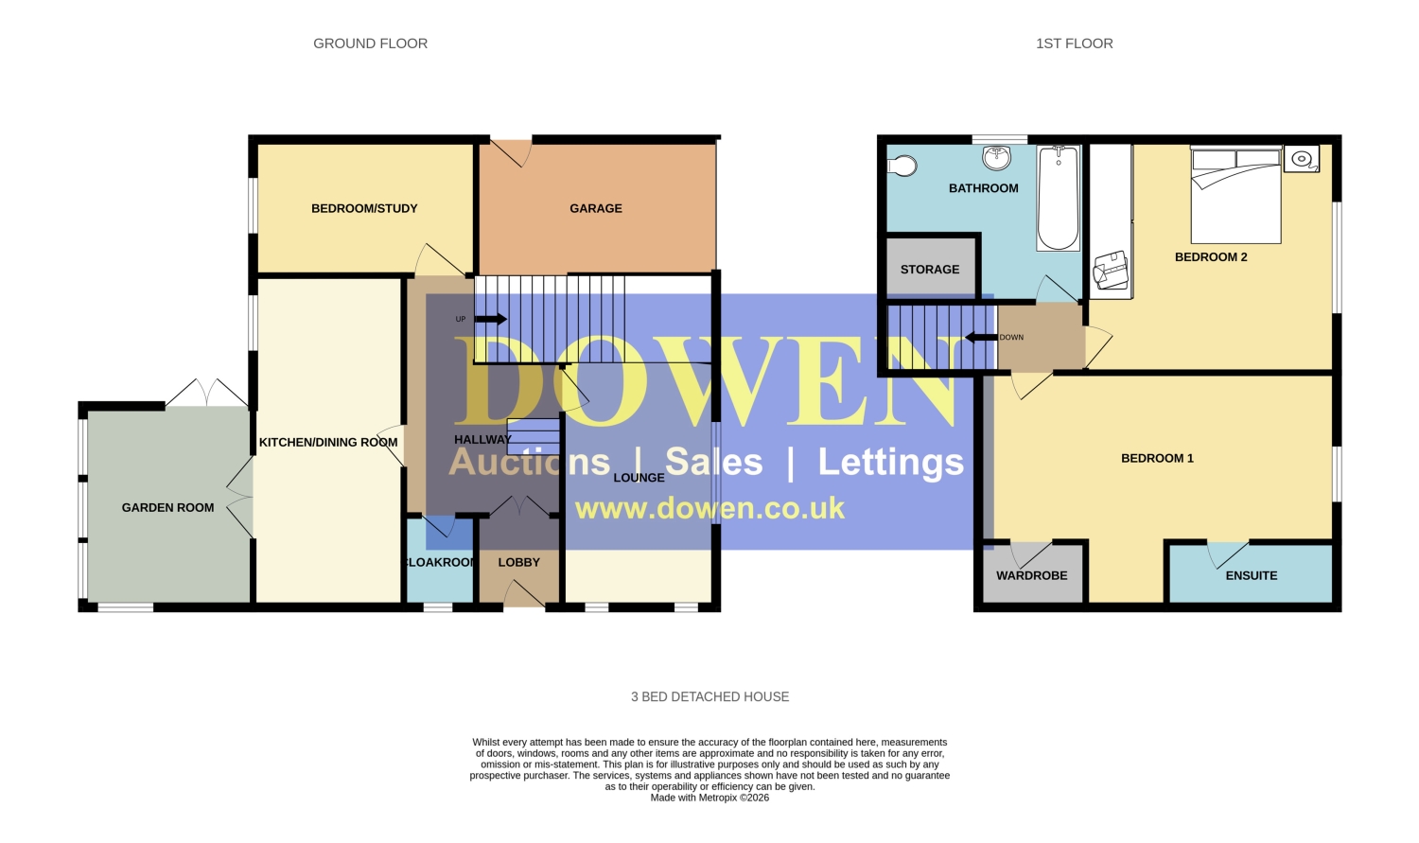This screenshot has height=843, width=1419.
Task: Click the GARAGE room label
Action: pos(595,208)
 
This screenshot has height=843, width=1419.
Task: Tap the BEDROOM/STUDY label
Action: pos(364,208)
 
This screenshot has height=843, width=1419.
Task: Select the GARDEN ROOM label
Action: pos(167,507)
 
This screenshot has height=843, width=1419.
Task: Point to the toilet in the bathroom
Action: pos(902,166)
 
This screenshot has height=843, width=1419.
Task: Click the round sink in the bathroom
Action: pos(996,158)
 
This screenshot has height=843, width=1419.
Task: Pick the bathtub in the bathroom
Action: pos(1058,199)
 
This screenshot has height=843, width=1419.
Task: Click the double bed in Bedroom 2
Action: pos(1235,195)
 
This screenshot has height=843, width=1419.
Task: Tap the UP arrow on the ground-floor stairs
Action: pos(490,319)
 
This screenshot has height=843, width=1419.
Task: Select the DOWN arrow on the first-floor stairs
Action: pos(981,337)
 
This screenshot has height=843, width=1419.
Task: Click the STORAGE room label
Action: pos(930,270)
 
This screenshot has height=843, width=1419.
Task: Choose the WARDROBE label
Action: pos(1032,575)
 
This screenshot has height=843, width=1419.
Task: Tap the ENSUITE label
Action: pos(1252,575)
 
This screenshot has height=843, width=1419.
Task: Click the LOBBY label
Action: pos(518,562)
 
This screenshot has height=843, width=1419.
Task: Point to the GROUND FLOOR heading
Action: pos(371,44)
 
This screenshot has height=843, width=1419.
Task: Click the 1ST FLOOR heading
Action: pos(1075,44)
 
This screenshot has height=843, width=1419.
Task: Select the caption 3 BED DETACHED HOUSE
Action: pos(710,696)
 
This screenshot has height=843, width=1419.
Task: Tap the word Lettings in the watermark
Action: pos(891,462)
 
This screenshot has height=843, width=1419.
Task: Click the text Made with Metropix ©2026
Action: pos(709,798)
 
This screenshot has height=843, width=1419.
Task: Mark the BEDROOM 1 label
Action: pos(1157,458)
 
